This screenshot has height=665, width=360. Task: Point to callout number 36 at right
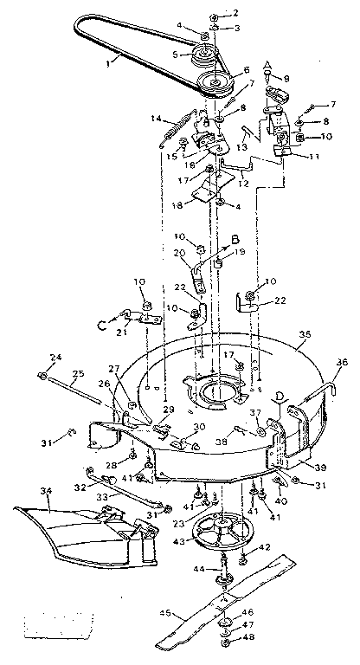click(x=341, y=363)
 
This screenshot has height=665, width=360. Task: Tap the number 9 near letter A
click(x=287, y=78)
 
